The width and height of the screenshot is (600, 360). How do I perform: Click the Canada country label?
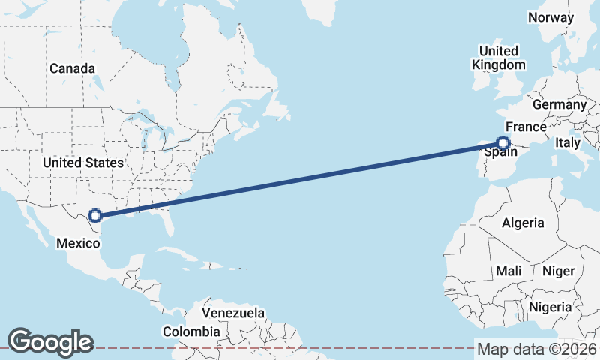[x=73, y=68]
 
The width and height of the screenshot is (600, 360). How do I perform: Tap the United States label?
[x=82, y=163]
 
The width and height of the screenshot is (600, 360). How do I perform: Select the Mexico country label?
[x=79, y=243]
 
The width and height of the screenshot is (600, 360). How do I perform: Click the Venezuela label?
[x=234, y=312]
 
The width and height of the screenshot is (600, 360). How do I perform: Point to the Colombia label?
[x=192, y=331]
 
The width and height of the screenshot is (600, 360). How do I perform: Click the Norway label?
[x=550, y=17]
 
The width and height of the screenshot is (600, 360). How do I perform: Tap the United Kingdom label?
[x=499, y=58]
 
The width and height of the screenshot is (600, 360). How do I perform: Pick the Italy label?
[x=568, y=142]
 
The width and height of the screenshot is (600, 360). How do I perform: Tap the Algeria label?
[x=523, y=223]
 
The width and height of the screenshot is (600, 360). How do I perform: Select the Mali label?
[x=508, y=270]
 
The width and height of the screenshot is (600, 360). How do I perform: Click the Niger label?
[x=557, y=270]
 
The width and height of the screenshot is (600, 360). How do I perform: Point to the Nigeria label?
[x=550, y=307]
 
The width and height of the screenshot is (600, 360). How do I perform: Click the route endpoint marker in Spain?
[x=503, y=143]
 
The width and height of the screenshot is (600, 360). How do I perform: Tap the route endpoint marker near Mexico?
[x=95, y=217]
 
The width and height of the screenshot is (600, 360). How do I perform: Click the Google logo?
[x=50, y=341]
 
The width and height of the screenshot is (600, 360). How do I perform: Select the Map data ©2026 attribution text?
[x=537, y=349]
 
